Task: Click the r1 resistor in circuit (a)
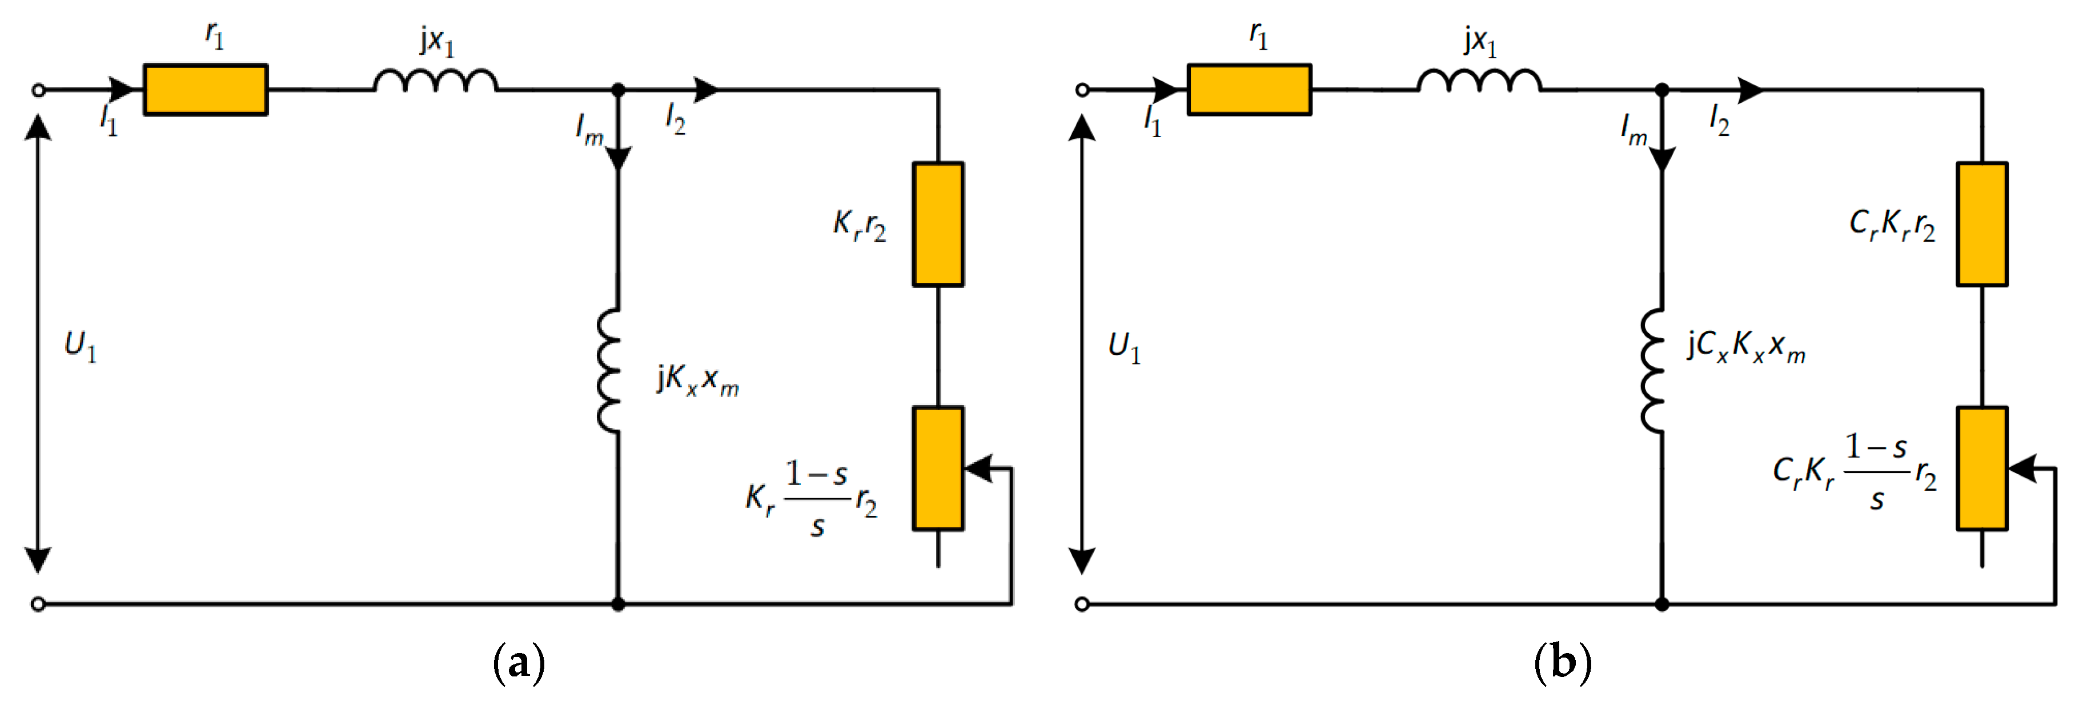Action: tap(205, 90)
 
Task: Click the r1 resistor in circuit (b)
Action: tap(1249, 90)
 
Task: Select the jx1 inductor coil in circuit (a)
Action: tap(435, 81)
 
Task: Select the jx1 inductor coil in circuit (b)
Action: tap(1479, 81)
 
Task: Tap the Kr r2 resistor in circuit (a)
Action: tap(937, 224)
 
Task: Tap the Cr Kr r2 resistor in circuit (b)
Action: tap(1981, 224)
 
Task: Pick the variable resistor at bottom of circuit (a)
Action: tap(937, 468)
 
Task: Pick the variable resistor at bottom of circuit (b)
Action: tap(1981, 468)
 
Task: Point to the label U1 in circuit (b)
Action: tap(1123, 346)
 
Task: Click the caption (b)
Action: tap(1563, 663)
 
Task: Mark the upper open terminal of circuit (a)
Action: tap(38, 90)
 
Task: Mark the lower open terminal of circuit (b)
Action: tap(1081, 603)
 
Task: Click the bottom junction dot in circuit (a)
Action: tap(618, 603)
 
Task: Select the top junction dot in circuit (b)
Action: tap(1661, 90)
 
